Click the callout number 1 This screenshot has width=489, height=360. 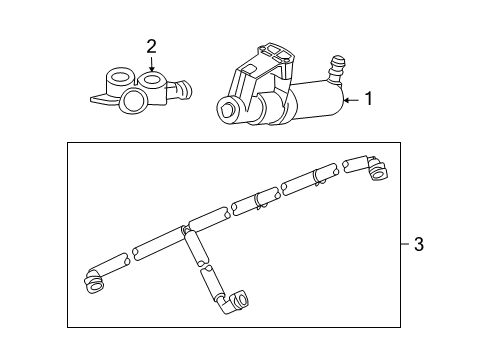coord(368,99)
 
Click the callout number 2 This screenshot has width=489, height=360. coord(151,46)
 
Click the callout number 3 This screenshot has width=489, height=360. coord(418,244)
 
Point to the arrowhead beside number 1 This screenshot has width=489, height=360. coord(345,100)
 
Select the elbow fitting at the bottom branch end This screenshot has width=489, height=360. coord(240,298)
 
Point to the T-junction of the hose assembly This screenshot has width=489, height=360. coord(185,233)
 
